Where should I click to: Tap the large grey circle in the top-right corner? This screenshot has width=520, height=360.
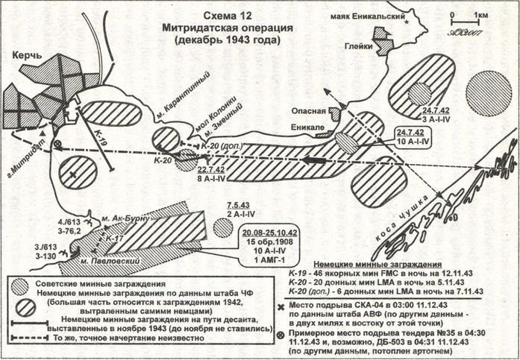point(488,93)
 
